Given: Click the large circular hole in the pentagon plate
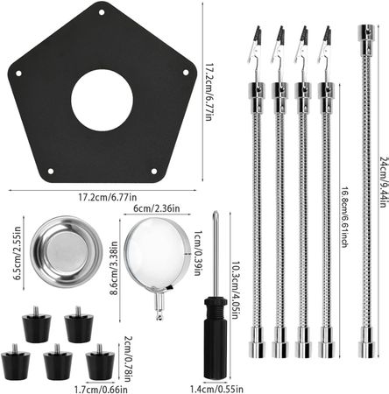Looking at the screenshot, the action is [x=102, y=100].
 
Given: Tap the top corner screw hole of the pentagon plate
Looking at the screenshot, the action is [x=102, y=12].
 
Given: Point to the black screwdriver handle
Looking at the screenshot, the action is [x=216, y=338].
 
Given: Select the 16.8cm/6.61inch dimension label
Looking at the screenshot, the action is [x=344, y=217].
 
